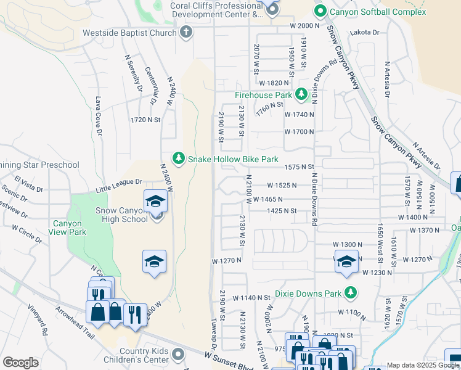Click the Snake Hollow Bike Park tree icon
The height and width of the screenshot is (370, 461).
179,159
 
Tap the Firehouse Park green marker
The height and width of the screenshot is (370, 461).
301,95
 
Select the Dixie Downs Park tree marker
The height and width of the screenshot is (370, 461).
351,292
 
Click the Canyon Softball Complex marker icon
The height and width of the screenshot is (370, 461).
320,11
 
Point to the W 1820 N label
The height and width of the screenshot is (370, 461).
274,83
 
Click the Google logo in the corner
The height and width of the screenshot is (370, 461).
20,363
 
